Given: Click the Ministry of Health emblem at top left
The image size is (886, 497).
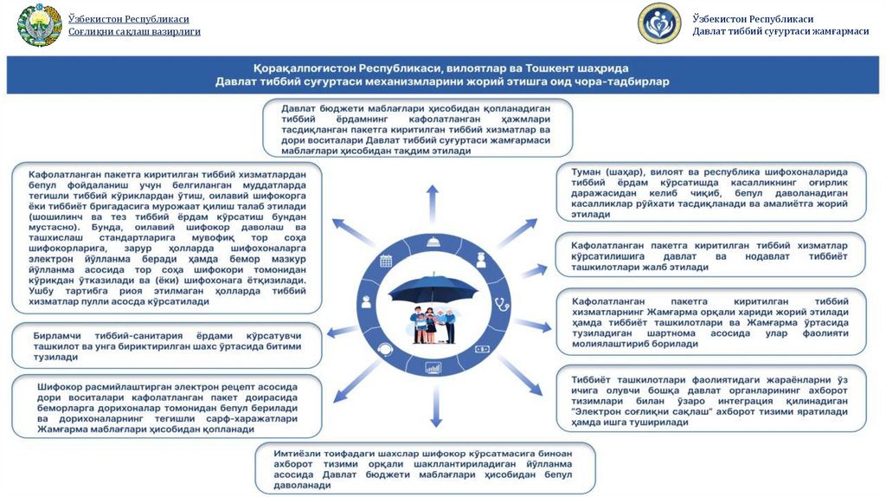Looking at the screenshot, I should point(38,26).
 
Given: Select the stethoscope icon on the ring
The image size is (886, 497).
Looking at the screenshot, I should point(500,303).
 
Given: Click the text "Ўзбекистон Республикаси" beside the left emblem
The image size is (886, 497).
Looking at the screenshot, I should point(129,19).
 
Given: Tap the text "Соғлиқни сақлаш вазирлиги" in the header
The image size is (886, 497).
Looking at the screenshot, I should point(134,32).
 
